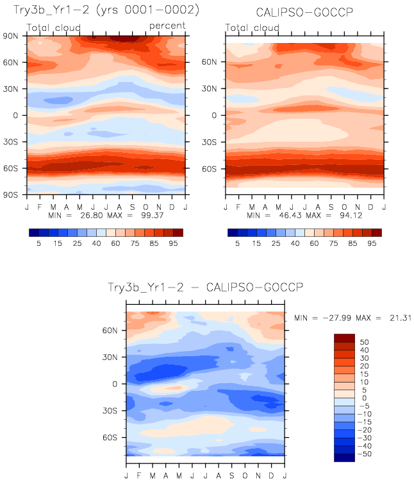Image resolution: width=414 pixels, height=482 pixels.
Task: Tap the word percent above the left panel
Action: (x=167, y=26)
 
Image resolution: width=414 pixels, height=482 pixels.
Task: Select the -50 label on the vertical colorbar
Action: (x=364, y=454)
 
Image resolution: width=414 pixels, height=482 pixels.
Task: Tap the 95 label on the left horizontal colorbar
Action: (x=172, y=244)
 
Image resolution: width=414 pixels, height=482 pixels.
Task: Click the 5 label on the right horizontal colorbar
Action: (x=239, y=244)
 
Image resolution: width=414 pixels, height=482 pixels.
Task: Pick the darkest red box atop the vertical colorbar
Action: (x=344, y=338)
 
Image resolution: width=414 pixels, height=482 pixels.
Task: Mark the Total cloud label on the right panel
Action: (x=253, y=28)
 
